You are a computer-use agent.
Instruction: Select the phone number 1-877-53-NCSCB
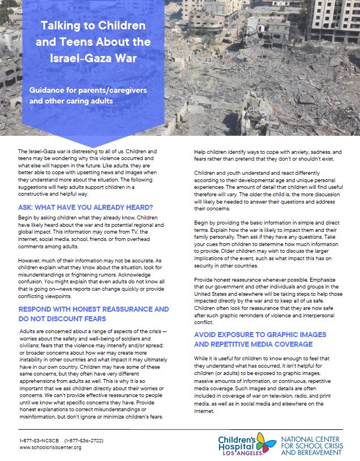click(x=38, y=440)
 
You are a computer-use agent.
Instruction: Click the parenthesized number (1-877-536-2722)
click(x=84, y=440)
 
